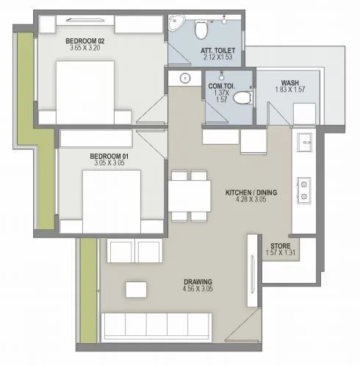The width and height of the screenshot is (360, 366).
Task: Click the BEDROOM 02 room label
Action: click(x=85, y=40)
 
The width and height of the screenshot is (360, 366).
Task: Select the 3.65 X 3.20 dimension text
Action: click(x=85, y=49)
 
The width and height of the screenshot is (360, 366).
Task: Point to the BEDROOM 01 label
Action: click(x=109, y=156)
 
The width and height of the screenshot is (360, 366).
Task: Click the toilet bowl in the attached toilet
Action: click(x=199, y=29)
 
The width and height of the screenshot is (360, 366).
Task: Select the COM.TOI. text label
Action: click(x=218, y=85)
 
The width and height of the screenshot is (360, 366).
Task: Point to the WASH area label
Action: click(x=289, y=82)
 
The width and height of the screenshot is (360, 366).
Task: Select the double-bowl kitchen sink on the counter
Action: click(x=302, y=190)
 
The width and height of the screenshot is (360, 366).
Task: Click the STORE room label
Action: click(x=280, y=246)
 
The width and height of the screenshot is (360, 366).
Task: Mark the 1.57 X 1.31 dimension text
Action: click(x=280, y=254)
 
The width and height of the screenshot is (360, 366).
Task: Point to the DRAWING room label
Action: click(x=198, y=281)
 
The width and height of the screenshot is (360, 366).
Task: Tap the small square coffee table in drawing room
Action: click(x=134, y=289)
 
